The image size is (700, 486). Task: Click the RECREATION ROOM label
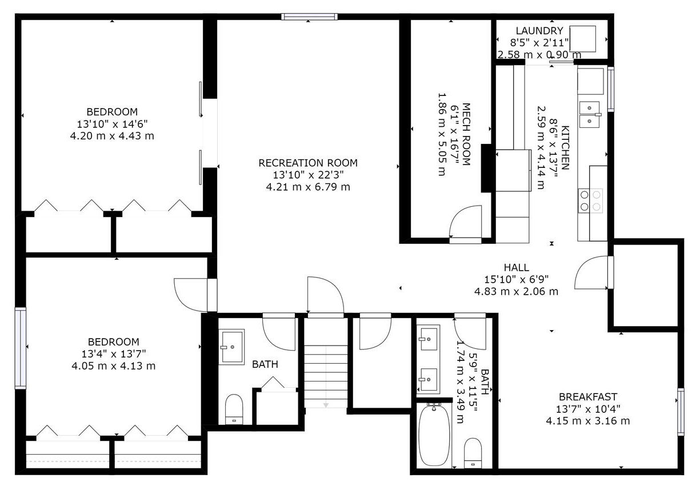coord(308,163)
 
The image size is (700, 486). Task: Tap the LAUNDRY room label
coord(539,31)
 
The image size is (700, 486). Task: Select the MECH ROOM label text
coord(466,134)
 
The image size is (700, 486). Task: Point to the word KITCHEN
coord(565,147)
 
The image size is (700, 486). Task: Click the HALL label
coord(516,267)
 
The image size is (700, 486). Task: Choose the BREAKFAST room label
coord(588,397)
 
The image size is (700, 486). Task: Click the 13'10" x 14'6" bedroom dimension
coord(112,124)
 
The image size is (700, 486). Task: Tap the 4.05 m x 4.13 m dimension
coord(114,365)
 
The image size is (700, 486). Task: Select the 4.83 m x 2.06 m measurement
coord(516,291)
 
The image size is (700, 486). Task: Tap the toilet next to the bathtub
coord(473,453)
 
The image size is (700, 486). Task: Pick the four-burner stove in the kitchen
coord(590,201)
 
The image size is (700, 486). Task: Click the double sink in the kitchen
coord(590,114)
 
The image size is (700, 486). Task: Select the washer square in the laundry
coord(582,39)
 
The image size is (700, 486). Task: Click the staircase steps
coord(326,376)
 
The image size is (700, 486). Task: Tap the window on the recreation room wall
coord(309,17)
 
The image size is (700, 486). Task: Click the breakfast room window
coord(681,412)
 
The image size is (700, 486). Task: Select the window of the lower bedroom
coord(21,348)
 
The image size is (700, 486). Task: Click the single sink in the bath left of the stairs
coord(231,347)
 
